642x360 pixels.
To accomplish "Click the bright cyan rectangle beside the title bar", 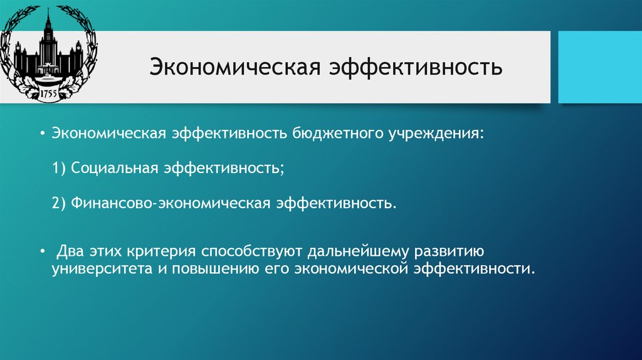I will click(599, 67).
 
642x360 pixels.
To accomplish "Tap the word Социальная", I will click(115, 169).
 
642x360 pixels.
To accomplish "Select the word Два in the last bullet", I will click(70, 251).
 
